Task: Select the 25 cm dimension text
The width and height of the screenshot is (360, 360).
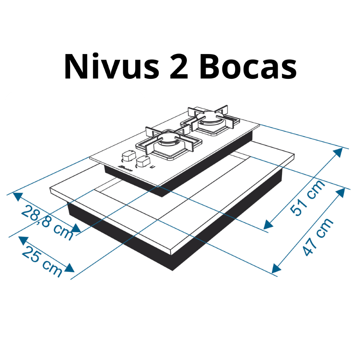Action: pos(42,261)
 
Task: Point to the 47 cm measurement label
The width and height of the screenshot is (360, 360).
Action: pos(318,237)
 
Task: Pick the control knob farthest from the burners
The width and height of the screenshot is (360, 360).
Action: pos(127,156)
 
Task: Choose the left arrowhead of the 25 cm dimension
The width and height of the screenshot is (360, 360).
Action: pos(22,239)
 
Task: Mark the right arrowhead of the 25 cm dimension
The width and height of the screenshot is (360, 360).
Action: pos(70,269)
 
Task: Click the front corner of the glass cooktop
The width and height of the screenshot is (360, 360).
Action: pos(158,186)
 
